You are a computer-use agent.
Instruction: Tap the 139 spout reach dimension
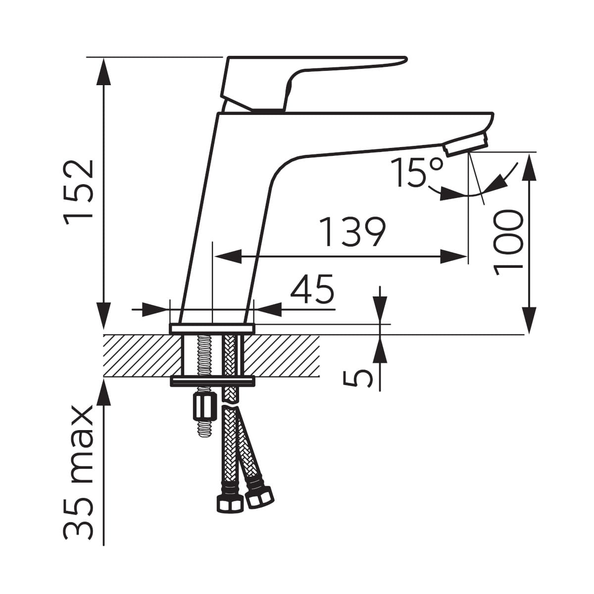(352, 232)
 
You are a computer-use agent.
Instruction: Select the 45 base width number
(312, 289)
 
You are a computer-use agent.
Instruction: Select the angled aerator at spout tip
(466, 144)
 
